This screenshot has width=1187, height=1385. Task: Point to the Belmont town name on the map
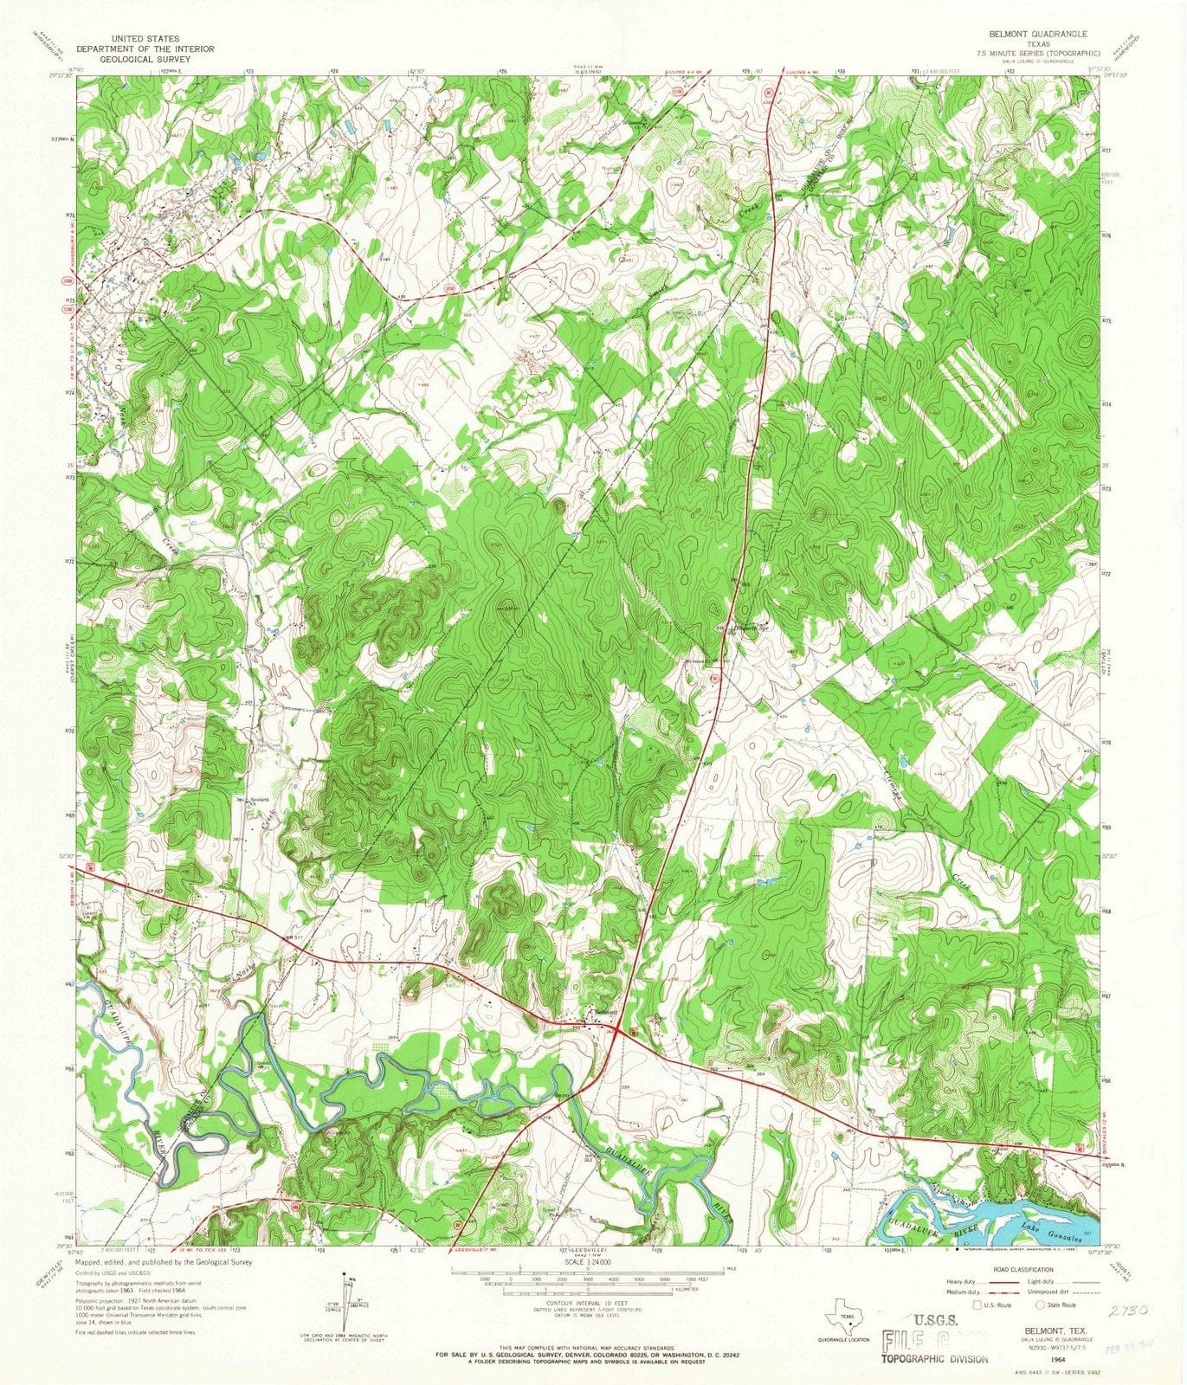point(603,1012)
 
